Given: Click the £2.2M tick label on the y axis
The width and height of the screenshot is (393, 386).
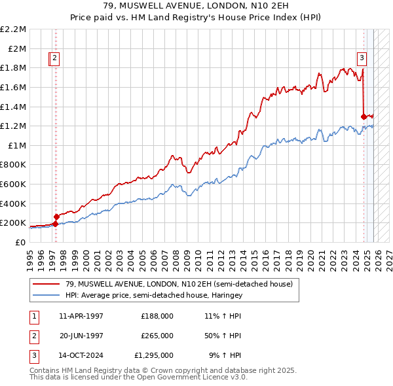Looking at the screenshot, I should pyautogui.click(x=13, y=29).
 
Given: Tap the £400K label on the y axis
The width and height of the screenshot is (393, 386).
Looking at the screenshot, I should pyautogui.click(x=14, y=203).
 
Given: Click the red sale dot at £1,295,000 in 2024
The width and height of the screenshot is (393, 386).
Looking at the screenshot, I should pyautogui.click(x=364, y=116).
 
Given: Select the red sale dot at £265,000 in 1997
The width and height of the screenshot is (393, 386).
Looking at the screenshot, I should pyautogui.click(x=56, y=217).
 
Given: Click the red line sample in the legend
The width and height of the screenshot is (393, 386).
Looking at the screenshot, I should pyautogui.click(x=47, y=284).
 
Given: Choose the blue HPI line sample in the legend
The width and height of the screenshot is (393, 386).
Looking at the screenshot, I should pyautogui.click(x=47, y=296).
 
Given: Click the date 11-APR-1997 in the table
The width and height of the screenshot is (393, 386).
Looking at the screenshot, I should pyautogui.click(x=81, y=315).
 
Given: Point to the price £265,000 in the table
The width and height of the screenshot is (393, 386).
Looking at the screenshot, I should pyautogui.click(x=157, y=336).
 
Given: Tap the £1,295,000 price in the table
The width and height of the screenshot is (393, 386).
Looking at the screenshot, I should pyautogui.click(x=153, y=356).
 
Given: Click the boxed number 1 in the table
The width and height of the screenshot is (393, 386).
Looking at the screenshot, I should pyautogui.click(x=33, y=315).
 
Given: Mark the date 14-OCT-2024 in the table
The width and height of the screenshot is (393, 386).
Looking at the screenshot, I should pyautogui.click(x=81, y=356).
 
